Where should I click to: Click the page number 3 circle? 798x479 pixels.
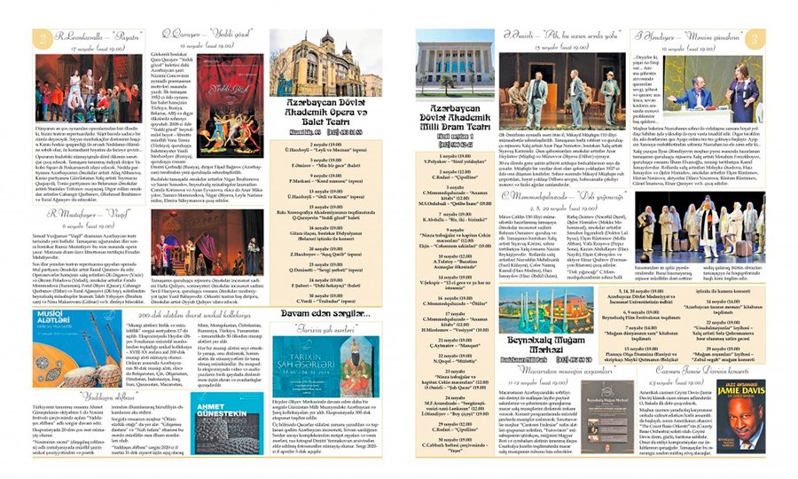pos(755,39)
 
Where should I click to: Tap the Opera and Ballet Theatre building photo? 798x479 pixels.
pos(325,66)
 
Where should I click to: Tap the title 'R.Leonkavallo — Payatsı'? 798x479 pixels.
pos(93,37)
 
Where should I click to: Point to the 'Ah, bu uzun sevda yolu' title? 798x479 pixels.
pos(559,35)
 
